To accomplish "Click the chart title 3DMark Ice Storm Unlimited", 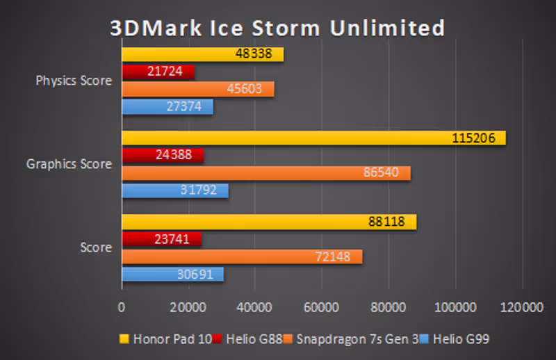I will (277, 28).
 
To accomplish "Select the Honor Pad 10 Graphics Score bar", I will (313, 138).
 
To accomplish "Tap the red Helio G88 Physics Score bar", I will (158, 72).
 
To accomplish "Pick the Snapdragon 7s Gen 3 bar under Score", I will (242, 257).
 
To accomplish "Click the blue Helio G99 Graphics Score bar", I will (174, 190).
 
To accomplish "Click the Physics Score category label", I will (74, 81).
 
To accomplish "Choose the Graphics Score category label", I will (69, 165).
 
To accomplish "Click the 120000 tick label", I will (522, 307).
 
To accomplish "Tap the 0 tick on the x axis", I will (122, 307).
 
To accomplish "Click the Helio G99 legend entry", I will (459, 339).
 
